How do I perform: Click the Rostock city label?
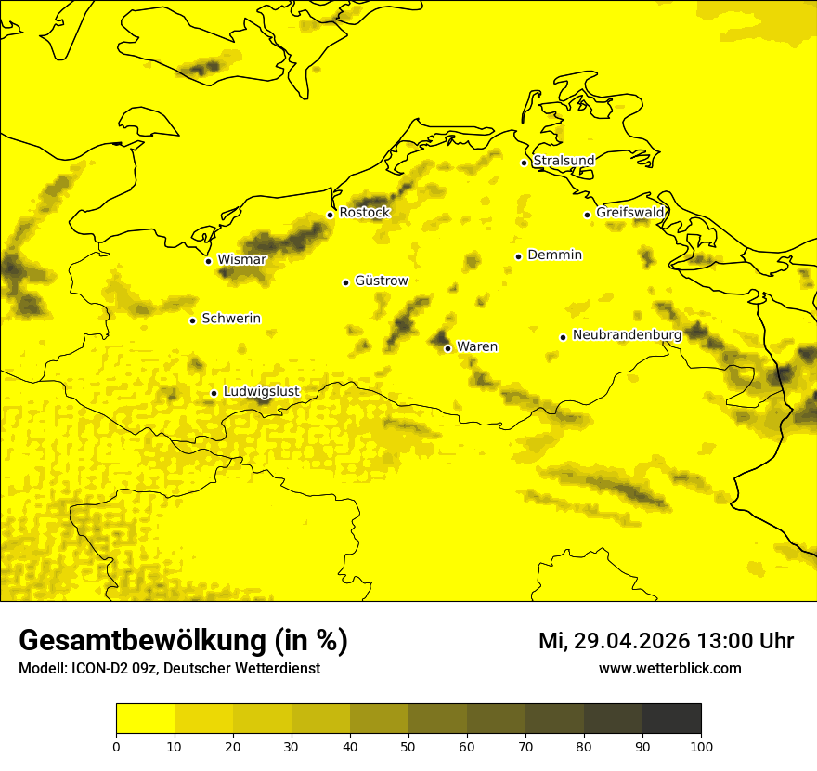pyautogui.click(x=364, y=213)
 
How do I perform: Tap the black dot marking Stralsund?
pyautogui.click(x=524, y=163)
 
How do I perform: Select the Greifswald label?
pyautogui.click(x=630, y=213)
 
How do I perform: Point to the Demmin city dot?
pyautogui.click(x=518, y=256)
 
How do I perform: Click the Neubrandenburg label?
pyautogui.click(x=627, y=335)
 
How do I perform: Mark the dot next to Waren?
pyautogui.click(x=447, y=348)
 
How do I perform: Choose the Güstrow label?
pyautogui.click(x=381, y=281)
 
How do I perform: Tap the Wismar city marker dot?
pyautogui.click(x=209, y=261)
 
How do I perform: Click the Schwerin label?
pyautogui.click(x=231, y=319)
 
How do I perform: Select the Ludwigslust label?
pyautogui.click(x=261, y=391)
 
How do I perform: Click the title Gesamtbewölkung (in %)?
pyautogui.click(x=183, y=641)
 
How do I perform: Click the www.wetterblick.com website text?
pyautogui.click(x=669, y=669)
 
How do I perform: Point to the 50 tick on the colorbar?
pyautogui.click(x=408, y=746)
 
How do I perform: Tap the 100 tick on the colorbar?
pyautogui.click(x=701, y=746)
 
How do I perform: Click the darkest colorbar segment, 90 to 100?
pyautogui.click(x=671, y=719)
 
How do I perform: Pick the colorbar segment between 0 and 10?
pyautogui.click(x=146, y=719)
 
